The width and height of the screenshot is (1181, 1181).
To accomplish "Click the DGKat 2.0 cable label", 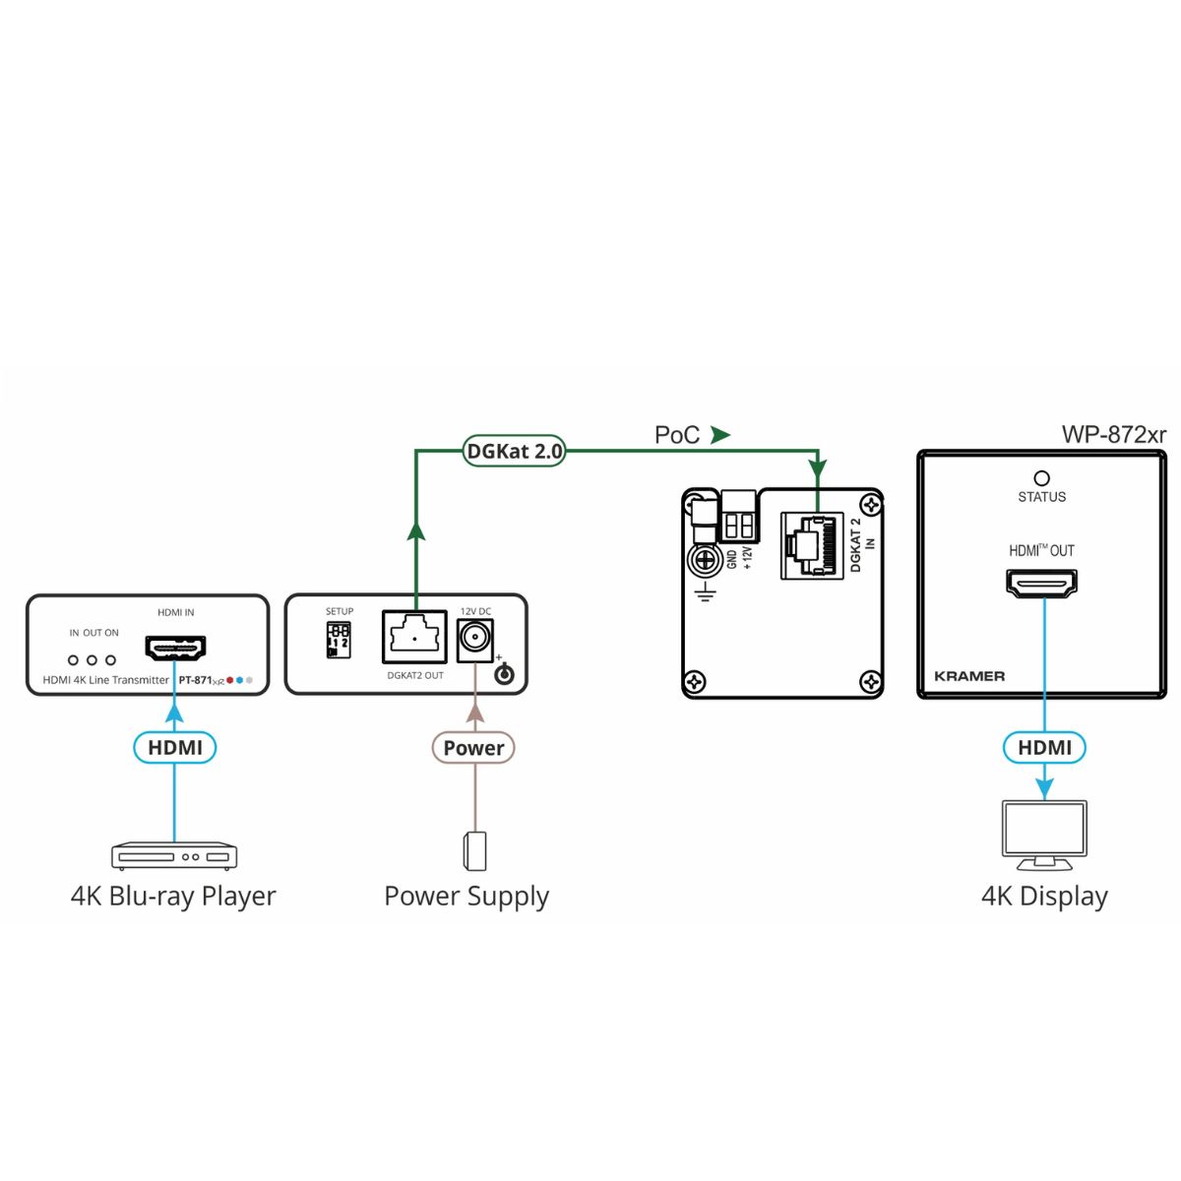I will click(x=514, y=452).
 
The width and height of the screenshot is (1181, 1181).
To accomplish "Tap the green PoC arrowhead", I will click(x=720, y=434).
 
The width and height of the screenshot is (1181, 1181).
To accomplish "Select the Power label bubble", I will click(x=473, y=748).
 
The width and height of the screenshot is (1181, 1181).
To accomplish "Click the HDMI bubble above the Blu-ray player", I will click(x=175, y=748).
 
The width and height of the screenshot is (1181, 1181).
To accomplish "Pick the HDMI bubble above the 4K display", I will click(x=1044, y=748).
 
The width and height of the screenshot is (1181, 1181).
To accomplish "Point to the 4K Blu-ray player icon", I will click(x=174, y=856).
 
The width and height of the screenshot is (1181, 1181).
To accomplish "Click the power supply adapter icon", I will click(x=475, y=851).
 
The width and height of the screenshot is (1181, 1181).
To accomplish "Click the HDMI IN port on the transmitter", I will click(x=175, y=649).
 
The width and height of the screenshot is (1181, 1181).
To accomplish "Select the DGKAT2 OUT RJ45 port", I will click(x=414, y=638).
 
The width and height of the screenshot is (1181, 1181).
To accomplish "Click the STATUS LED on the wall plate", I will click(x=1041, y=479).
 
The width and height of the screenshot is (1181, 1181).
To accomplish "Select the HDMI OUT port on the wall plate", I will click(x=1041, y=585).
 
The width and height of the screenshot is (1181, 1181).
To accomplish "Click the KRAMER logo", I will click(x=969, y=676).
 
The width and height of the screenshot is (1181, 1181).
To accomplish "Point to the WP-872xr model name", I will click(x=1113, y=434).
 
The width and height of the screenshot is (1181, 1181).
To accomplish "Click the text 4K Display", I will click(x=1044, y=897).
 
